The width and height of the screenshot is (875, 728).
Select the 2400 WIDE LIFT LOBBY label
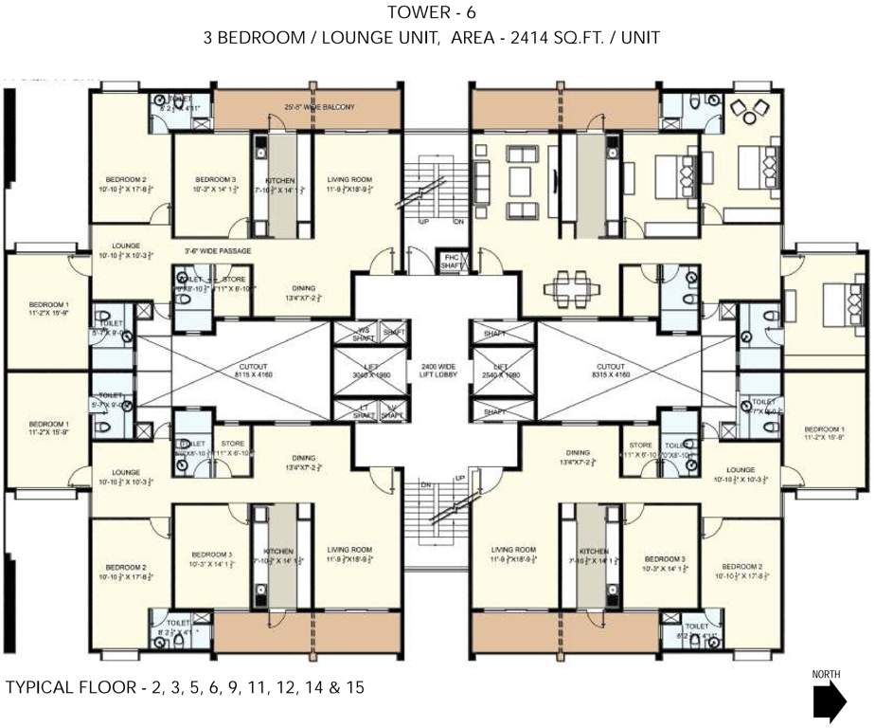pos(438,371)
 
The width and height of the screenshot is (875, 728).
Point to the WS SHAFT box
pos(359,333)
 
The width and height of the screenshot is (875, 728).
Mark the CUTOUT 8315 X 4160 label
pos(610,371)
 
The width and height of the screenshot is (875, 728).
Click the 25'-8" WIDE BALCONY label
pos(320,107)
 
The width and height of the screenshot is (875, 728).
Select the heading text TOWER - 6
pos(437,13)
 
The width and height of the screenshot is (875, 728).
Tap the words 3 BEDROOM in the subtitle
pos(254,39)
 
